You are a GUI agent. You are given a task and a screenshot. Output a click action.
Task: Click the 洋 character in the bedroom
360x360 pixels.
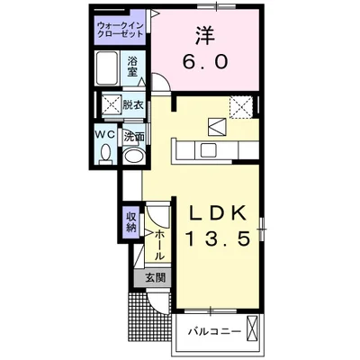(x=206, y=35)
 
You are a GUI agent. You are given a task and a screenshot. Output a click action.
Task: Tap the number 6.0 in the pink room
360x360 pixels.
(x=205, y=62)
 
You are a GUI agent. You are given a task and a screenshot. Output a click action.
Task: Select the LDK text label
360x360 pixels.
(x=218, y=213)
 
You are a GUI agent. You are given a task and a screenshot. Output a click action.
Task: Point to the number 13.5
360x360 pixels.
(x=219, y=238)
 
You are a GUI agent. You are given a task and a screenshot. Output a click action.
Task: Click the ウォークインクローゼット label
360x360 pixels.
(x=120, y=30)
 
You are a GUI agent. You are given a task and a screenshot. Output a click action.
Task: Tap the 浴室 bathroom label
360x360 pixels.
(x=132, y=67)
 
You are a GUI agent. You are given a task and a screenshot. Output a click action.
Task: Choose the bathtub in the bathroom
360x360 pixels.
(x=107, y=68)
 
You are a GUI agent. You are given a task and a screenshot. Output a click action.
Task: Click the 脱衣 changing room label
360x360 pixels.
(x=132, y=105)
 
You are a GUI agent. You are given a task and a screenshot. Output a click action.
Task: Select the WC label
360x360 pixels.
(x=105, y=135)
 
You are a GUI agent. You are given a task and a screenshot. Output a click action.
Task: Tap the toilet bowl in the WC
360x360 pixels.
(x=105, y=154)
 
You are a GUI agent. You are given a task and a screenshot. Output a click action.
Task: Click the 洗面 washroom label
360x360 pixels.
(x=134, y=137)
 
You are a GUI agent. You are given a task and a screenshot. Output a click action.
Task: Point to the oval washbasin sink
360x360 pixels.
(x=134, y=155)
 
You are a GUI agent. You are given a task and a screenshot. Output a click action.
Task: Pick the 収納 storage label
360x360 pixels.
(x=131, y=222)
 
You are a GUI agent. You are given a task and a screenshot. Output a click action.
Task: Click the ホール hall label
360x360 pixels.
(x=159, y=245)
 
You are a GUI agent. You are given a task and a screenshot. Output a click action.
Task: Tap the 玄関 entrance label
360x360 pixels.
(x=156, y=278)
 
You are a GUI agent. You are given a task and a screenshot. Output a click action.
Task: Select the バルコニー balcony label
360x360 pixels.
(x=214, y=332)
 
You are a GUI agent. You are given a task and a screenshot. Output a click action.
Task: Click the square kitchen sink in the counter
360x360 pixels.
(x=209, y=150)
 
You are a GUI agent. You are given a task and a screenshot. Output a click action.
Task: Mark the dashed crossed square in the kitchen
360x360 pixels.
(x=241, y=106)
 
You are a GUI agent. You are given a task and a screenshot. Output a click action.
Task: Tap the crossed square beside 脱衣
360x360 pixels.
(x=112, y=104)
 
